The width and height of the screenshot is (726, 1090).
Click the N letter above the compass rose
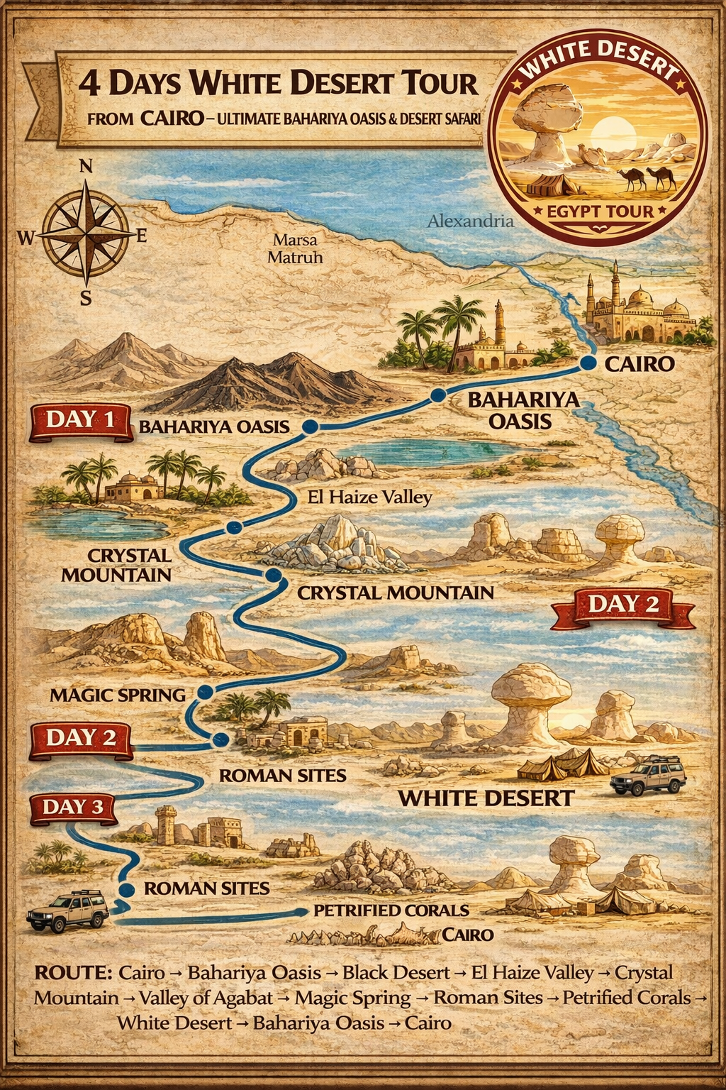click(86, 167)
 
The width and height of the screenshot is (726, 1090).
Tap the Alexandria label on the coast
click(470, 221)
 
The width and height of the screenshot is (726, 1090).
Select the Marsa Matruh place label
click(295, 248)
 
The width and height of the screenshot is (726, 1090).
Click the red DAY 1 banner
click(80, 421)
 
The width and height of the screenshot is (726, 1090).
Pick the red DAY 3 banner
click(73, 808)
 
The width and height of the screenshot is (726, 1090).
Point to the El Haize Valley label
click(369, 497)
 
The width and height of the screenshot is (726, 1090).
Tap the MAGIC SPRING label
click(118, 695)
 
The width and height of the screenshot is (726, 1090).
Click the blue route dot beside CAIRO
click(587, 363)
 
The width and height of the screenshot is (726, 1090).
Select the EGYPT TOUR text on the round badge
click(600, 211)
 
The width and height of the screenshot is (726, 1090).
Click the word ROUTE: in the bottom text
click(73, 972)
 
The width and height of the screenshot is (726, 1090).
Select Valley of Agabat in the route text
click(206, 998)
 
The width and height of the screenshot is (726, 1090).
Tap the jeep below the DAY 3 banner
click(67, 910)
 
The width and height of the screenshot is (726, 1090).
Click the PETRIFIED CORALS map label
click(391, 910)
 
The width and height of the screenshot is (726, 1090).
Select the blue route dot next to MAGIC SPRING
click(206, 691)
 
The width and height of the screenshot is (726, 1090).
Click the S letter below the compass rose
click(86, 299)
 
